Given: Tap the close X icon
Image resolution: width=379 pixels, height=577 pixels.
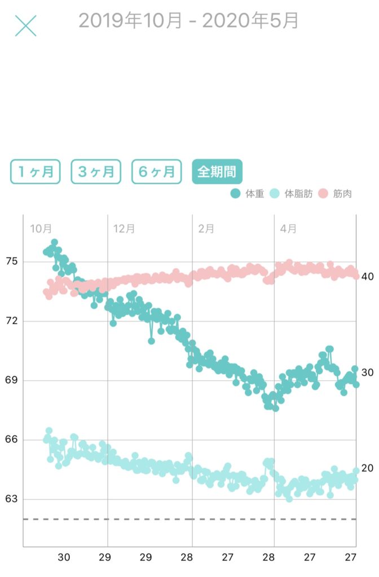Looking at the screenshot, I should pos(25,25).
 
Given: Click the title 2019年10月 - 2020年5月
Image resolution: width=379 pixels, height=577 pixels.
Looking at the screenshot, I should pos(188,21).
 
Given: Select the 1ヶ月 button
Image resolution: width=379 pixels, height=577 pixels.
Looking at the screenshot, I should pos(35,172).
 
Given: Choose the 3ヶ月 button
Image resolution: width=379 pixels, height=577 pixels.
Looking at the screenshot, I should pos(96,172).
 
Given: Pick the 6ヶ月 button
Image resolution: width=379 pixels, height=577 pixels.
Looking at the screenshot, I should pos(157,172).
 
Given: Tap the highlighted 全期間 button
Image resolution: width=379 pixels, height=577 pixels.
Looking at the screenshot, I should pos(217,172).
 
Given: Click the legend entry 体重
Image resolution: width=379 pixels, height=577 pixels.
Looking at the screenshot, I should pos(248,194).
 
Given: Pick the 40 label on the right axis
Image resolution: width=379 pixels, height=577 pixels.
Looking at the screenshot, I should pos(368,277).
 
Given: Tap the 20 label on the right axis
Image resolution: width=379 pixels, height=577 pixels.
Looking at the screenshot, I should pos(368,468).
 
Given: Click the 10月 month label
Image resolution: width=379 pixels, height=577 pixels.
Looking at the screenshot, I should pos(41,229).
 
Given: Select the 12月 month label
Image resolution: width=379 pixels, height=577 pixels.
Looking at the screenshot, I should pos(124,229).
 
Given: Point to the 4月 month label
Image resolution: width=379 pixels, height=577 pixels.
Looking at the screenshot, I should pos(288,229).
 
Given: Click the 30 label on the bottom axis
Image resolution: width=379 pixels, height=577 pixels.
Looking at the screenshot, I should pos(64,557).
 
